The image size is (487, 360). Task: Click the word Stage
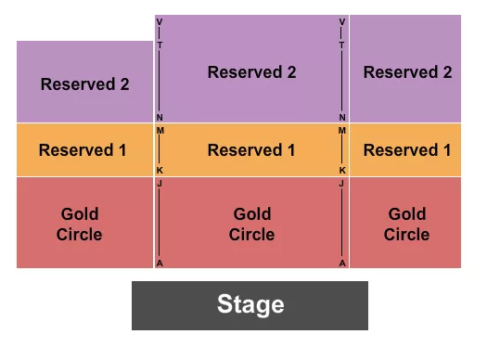coord(250,304)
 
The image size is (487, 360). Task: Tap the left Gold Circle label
coord(79,224)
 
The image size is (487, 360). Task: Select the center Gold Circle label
coord(251,224)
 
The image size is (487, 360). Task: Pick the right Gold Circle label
coord(406,224)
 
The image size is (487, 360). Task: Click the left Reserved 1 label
coord(83,149)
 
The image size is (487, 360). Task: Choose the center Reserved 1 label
coord(251,149)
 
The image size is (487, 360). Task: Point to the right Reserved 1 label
coord(406,149)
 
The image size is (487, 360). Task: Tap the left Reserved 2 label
coord(84,84)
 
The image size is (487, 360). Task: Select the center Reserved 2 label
coord(251,72)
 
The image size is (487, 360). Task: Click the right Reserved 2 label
coord(406,72)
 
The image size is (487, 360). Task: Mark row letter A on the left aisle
coord(160,263)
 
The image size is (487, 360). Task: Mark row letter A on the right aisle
coord(342,263)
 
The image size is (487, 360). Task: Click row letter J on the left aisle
coord(160,184)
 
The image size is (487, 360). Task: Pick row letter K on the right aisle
coord(342,171)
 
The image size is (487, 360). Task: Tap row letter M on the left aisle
coord(160,131)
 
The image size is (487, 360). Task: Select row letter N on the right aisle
coord(342,118)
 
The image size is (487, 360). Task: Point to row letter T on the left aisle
coord(160,45)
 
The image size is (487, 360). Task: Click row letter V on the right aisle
coord(342,21)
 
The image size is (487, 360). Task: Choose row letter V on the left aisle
coord(160,21)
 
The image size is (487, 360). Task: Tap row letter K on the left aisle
coord(160,171)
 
